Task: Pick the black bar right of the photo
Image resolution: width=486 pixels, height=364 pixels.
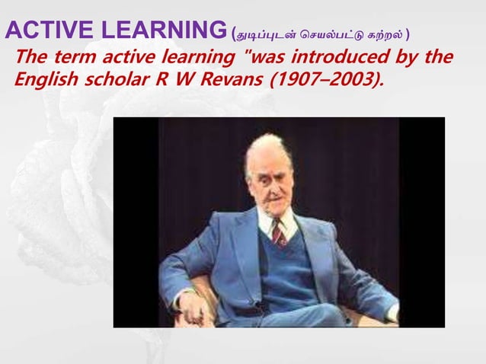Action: pos(422,221)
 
